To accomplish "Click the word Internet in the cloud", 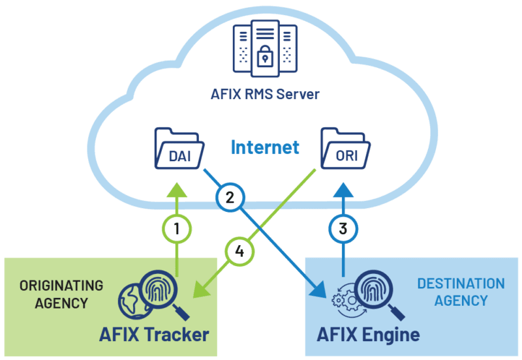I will coord(264,147).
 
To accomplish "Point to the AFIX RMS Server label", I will coord(264,94).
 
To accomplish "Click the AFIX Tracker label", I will coord(154,335).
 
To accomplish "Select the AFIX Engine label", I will coord(368,335).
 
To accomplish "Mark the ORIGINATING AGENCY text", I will coord(61,294).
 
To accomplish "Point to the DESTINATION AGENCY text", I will coord(461,292).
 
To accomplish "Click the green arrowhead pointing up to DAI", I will coord(177,189).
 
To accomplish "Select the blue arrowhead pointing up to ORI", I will coord(343,190).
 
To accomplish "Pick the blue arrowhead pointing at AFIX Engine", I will coord(320,287).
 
